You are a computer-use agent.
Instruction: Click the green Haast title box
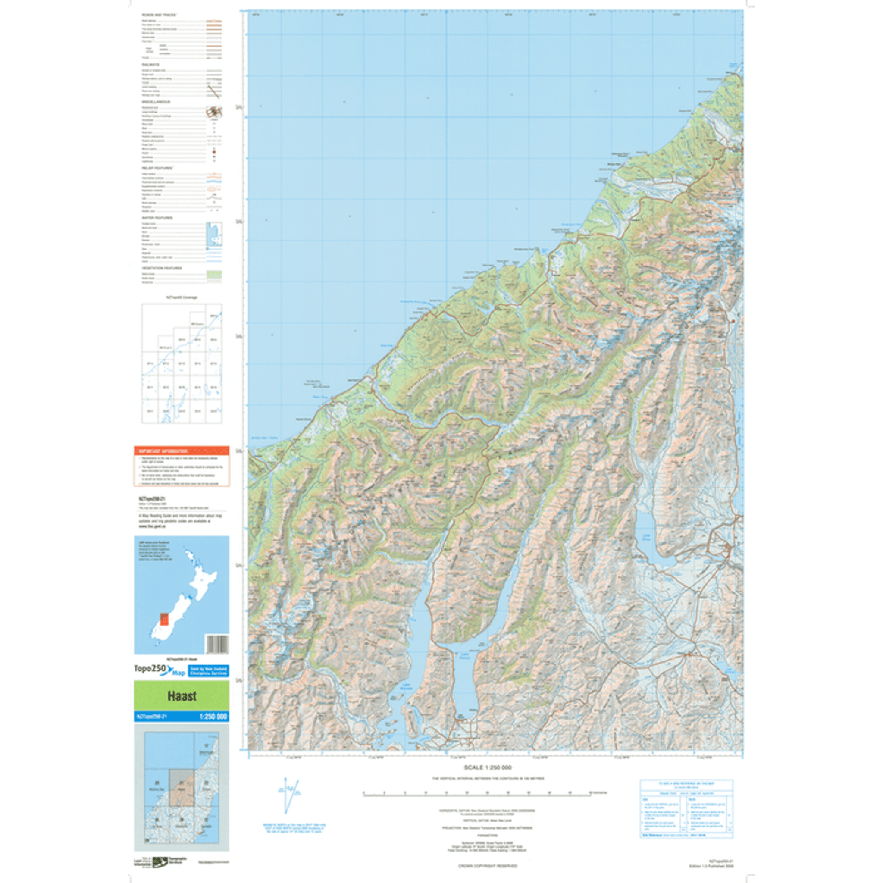tap(182, 696)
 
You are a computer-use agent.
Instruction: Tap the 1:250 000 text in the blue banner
tap(213, 717)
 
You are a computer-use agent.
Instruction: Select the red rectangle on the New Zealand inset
tap(164, 619)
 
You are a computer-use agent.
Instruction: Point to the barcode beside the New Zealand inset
tap(216, 645)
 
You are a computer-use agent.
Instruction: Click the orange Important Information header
tap(182, 451)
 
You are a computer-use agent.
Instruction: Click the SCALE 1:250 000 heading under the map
tap(488, 768)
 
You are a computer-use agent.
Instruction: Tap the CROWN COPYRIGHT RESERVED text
tap(488, 866)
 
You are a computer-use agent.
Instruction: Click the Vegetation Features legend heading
tap(161, 268)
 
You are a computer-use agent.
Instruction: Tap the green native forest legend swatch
tap(214, 274)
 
